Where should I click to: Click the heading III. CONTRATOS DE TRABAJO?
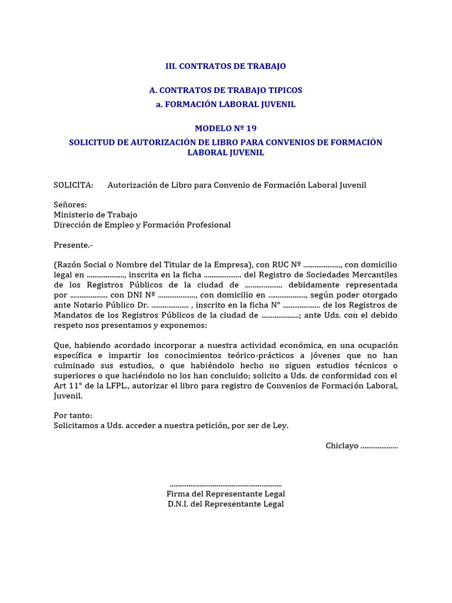[x=225, y=66]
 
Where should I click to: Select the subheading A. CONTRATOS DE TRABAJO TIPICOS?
[x=225, y=90]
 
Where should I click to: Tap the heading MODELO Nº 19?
[x=225, y=128]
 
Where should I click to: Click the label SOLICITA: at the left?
[x=74, y=185]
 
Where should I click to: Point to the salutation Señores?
[x=70, y=205]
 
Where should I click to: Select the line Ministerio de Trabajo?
[x=95, y=215]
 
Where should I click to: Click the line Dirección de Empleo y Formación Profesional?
[x=142, y=225]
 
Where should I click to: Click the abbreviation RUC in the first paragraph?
[x=279, y=265]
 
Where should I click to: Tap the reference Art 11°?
[x=67, y=385]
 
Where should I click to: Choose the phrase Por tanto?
[x=73, y=415]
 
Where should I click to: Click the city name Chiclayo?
[x=342, y=446]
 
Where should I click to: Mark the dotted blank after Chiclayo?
[x=379, y=446]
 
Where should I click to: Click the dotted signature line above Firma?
[x=225, y=484]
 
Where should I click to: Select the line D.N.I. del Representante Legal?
[x=225, y=504]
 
